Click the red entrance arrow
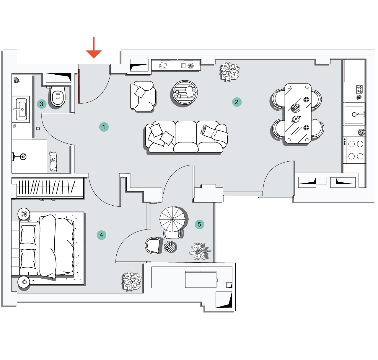point(94,48)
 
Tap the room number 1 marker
point(104,127)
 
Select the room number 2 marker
point(237,102)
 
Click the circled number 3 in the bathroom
point(42,104)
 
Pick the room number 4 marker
point(101,235)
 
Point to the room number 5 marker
point(199,224)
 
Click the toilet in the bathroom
point(58,96)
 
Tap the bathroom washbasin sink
point(21,109)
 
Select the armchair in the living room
point(143,96)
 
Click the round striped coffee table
point(185,92)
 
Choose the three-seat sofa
point(186,137)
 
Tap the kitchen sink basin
point(354,114)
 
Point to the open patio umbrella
point(172,219)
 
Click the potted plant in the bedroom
point(132,281)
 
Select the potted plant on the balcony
point(199,251)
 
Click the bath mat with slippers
point(53,161)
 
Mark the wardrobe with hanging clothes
point(48,187)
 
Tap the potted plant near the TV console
point(229,72)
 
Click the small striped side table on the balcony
point(170,246)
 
